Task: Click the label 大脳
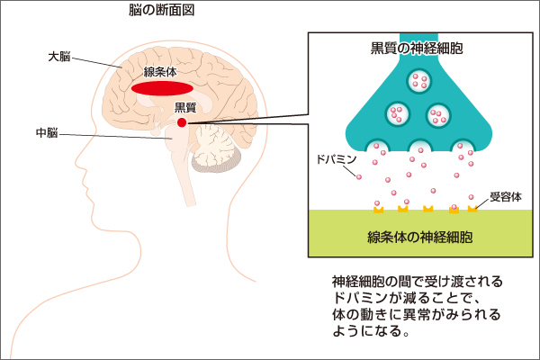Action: pyautogui.click(x=59, y=57)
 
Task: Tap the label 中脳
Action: pyautogui.click(x=47, y=132)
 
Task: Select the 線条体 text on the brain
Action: pyautogui.click(x=159, y=72)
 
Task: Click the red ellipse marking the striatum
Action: pyautogui.click(x=162, y=89)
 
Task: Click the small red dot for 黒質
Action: pyautogui.click(x=182, y=122)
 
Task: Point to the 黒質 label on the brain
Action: pyautogui.click(x=185, y=108)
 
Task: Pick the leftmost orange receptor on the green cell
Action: pyautogui.click(x=379, y=210)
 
